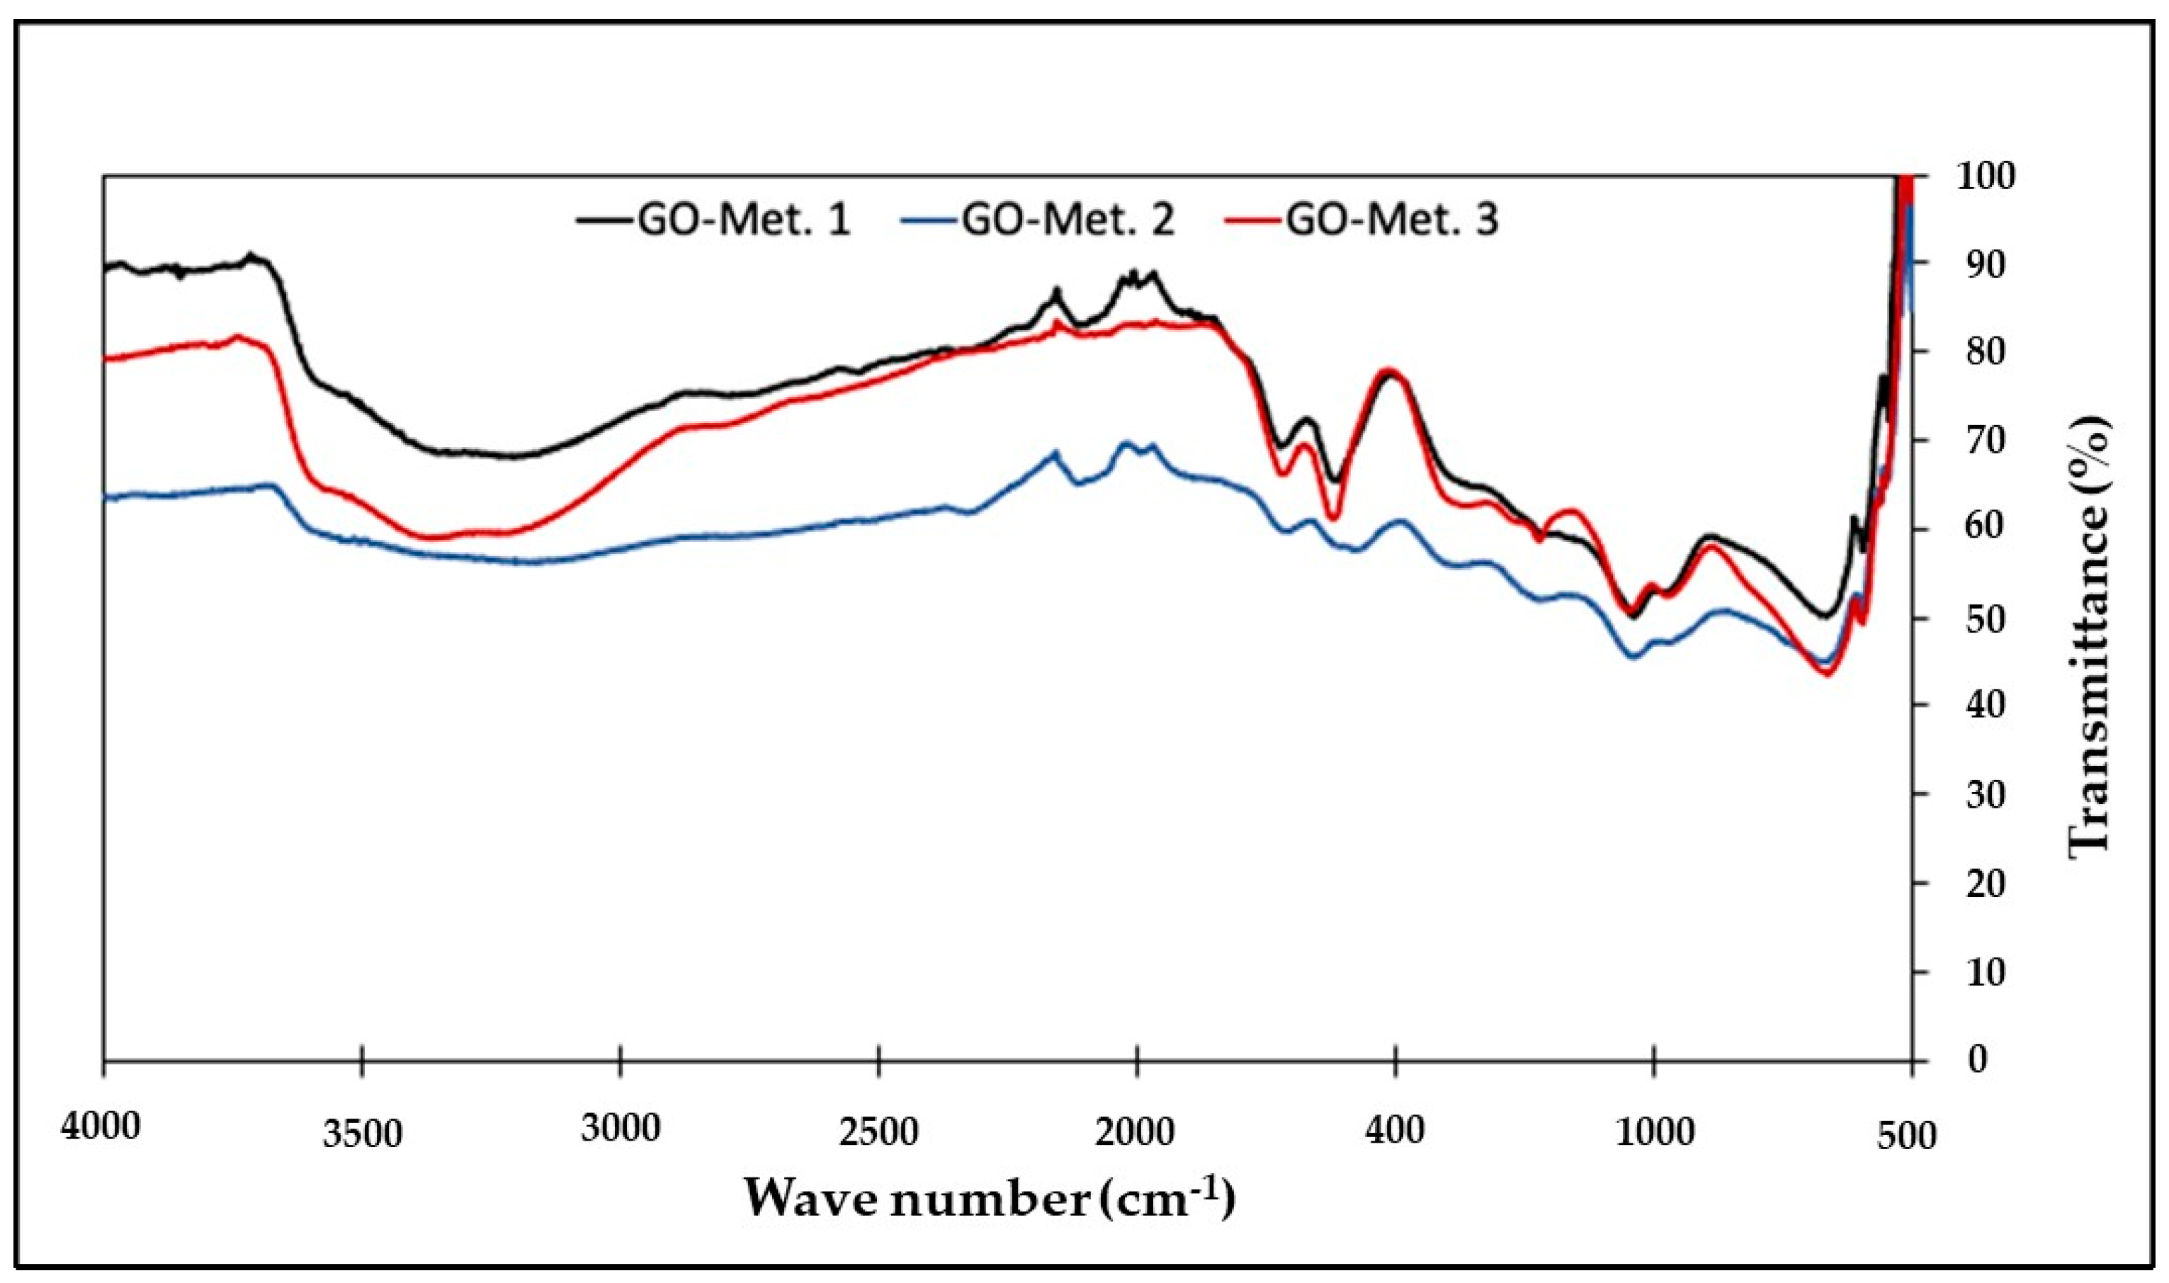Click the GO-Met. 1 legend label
click(x=744, y=221)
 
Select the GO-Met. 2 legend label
click(x=1068, y=221)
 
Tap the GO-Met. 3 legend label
click(x=1393, y=221)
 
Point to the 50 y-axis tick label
click(x=1977, y=618)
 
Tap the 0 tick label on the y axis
click(x=1969, y=1059)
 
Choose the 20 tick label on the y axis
click(x=1977, y=883)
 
